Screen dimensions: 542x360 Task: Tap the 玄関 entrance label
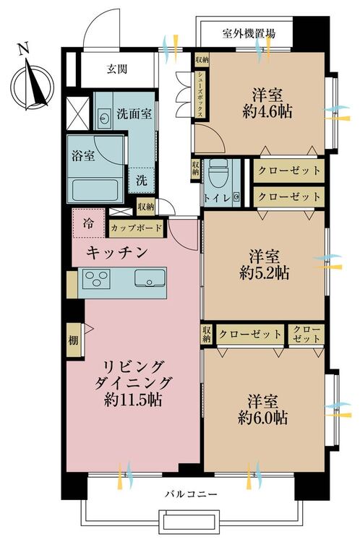[x=117, y=69]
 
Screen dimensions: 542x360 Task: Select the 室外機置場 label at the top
[x=248, y=33]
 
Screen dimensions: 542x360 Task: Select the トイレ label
[x=217, y=198]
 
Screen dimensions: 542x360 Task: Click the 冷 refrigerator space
[x=87, y=223]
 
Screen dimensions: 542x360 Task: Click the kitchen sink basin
[x=149, y=278]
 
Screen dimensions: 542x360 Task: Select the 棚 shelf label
[x=74, y=340]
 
